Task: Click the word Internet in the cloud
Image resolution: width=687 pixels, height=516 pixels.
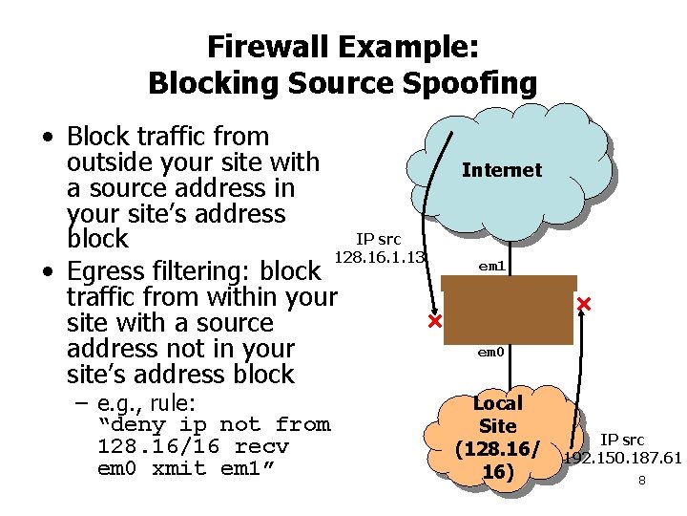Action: (501, 170)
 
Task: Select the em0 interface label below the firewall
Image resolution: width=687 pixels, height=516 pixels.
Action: (490, 353)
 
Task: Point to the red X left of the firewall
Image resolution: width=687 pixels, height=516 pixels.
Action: (434, 322)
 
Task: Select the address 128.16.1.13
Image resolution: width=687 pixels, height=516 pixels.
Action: (378, 257)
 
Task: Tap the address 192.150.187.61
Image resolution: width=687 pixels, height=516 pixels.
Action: (622, 459)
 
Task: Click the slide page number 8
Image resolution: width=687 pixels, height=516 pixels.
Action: (641, 480)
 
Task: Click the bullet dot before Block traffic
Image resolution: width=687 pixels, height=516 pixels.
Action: (47, 138)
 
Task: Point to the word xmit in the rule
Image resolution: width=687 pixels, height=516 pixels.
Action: (179, 469)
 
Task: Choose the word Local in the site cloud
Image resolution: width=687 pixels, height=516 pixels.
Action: (497, 403)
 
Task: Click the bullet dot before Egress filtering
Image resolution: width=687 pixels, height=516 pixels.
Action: (47, 272)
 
